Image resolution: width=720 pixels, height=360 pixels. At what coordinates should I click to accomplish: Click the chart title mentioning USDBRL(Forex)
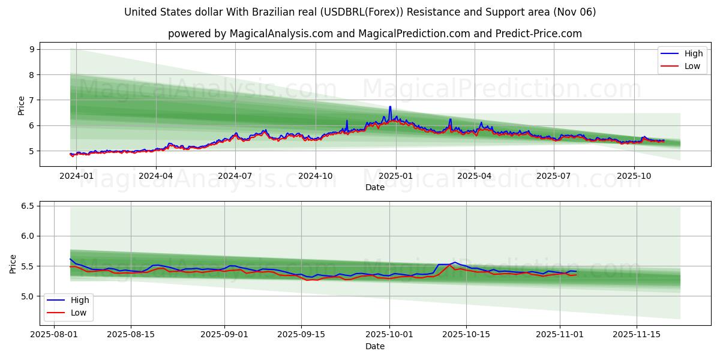pyautogui.click(x=360, y=12)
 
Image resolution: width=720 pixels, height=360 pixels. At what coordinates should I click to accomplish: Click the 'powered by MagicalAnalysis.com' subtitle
pyautogui.click(x=374, y=34)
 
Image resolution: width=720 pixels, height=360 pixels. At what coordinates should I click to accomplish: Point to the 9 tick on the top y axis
pyautogui.click(x=32, y=49)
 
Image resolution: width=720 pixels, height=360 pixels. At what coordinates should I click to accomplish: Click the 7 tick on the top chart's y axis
pyautogui.click(x=32, y=100)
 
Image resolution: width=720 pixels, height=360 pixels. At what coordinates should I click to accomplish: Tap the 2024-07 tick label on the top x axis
pyautogui.click(x=235, y=176)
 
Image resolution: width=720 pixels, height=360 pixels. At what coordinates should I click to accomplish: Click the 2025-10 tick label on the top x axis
pyautogui.click(x=634, y=176)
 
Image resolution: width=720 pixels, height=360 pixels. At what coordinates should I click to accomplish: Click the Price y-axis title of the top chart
pyautogui.click(x=22, y=106)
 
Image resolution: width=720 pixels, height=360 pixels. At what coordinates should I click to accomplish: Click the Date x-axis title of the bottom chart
pyautogui.click(x=374, y=347)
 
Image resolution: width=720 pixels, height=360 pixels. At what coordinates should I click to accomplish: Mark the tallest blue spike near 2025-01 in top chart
pyautogui.click(x=390, y=107)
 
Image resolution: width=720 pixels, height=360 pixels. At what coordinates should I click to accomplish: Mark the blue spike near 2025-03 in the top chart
pyautogui.click(x=450, y=119)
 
